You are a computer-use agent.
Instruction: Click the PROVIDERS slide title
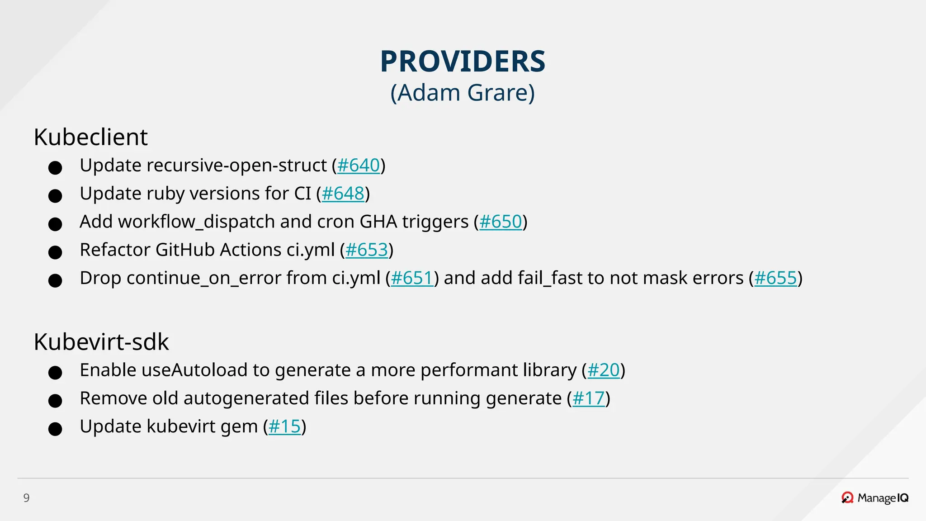pyautogui.click(x=463, y=62)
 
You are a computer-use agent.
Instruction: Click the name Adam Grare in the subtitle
pyautogui.click(x=463, y=93)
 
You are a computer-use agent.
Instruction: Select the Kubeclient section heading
pyautogui.click(x=90, y=137)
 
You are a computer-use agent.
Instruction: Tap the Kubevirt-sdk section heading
pyautogui.click(x=101, y=342)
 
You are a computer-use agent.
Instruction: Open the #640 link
pyautogui.click(x=359, y=166)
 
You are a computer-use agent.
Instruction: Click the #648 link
pyautogui.click(x=343, y=194)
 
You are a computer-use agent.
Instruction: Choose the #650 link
pyautogui.click(x=501, y=222)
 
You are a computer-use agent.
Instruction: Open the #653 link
pyautogui.click(x=367, y=250)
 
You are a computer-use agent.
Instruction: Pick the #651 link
pyautogui.click(x=412, y=278)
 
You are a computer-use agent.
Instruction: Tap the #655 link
pyautogui.click(x=775, y=278)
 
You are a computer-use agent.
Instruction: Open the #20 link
pyautogui.click(x=603, y=370)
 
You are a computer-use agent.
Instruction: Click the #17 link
pyautogui.click(x=588, y=398)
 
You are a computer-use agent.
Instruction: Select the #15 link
pyautogui.click(x=284, y=426)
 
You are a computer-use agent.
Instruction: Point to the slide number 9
pyautogui.click(x=26, y=498)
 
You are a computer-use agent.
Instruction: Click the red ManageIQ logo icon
pyautogui.click(x=847, y=498)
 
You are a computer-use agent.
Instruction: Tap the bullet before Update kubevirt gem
pyautogui.click(x=55, y=429)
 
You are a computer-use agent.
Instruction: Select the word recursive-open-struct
pyautogui.click(x=236, y=166)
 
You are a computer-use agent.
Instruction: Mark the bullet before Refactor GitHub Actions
pyautogui.click(x=55, y=252)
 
